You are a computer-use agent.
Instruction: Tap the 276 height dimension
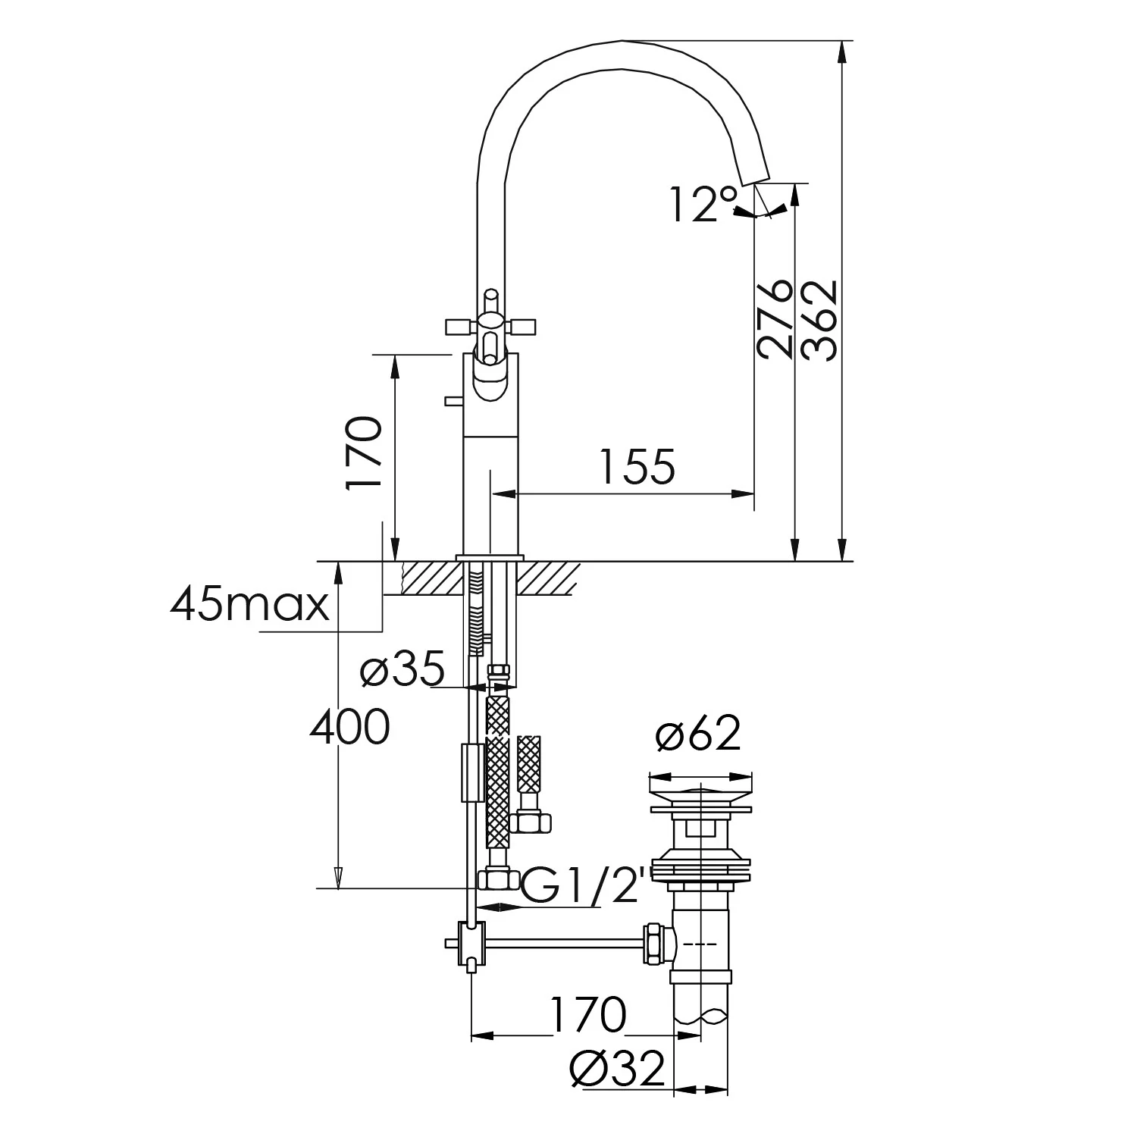click(775, 318)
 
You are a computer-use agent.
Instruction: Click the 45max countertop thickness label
click(250, 604)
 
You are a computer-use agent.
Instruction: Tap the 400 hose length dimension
click(350, 726)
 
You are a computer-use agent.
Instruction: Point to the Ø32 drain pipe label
click(617, 1069)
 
